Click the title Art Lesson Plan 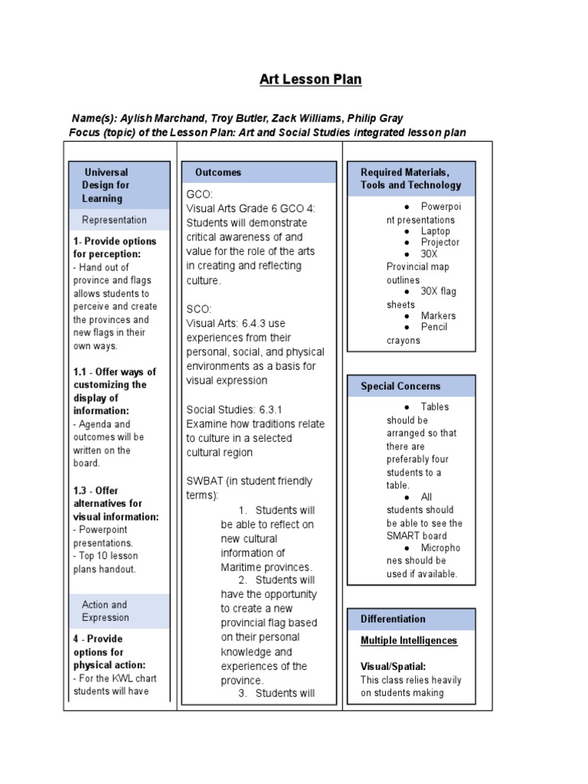pos(310,80)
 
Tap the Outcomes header pos(217,172)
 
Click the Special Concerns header pos(400,386)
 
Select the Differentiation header pos(393,619)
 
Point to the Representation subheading pos(114,220)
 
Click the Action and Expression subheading pos(106,610)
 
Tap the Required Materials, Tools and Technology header pos(410,178)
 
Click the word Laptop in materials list pos(435,230)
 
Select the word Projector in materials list pos(440,242)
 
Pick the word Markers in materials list pos(438,315)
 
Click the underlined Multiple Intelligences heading pos(409,640)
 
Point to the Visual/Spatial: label pos(393,666)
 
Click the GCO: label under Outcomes pos(198,194)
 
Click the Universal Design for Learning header pos(106,185)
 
